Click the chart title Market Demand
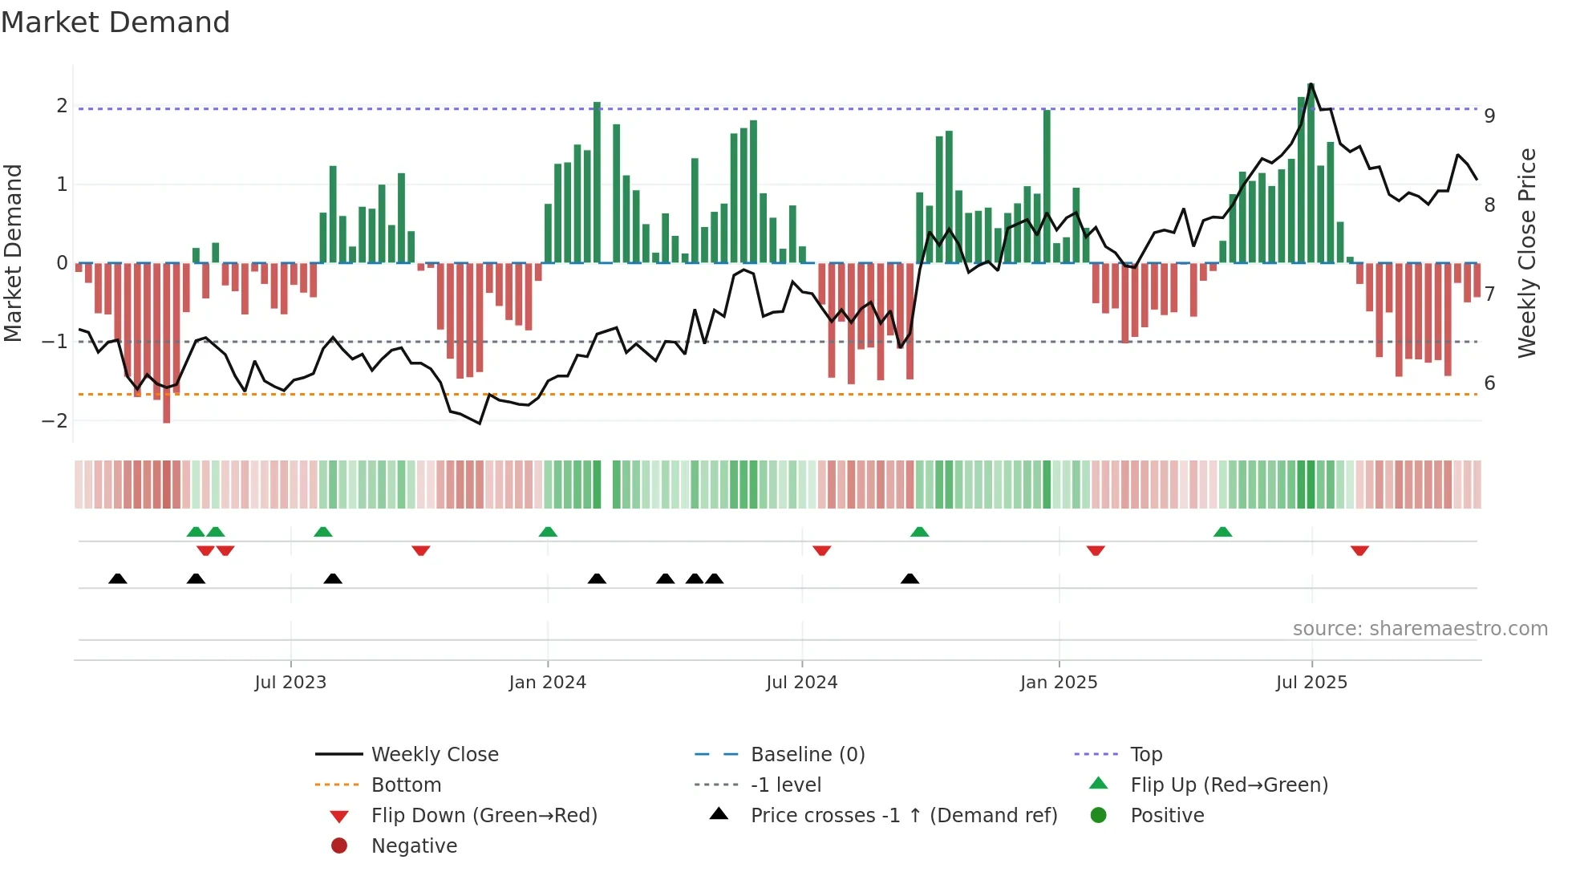[115, 22]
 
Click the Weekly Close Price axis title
[1527, 253]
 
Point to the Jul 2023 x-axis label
[290, 683]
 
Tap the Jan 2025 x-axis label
[1059, 683]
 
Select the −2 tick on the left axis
[55, 421]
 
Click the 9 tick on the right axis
[1489, 116]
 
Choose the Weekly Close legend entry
[434, 755]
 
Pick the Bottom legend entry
[406, 785]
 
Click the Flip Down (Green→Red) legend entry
[484, 816]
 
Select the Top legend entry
[1146, 755]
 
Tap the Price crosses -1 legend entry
[903, 816]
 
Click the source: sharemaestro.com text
[1420, 629]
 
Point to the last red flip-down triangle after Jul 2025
[1359, 550]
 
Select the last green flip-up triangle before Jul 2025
[1222, 532]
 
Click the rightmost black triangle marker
[910, 578]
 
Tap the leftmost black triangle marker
[118, 578]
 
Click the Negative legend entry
[414, 846]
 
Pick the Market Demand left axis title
[14, 253]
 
